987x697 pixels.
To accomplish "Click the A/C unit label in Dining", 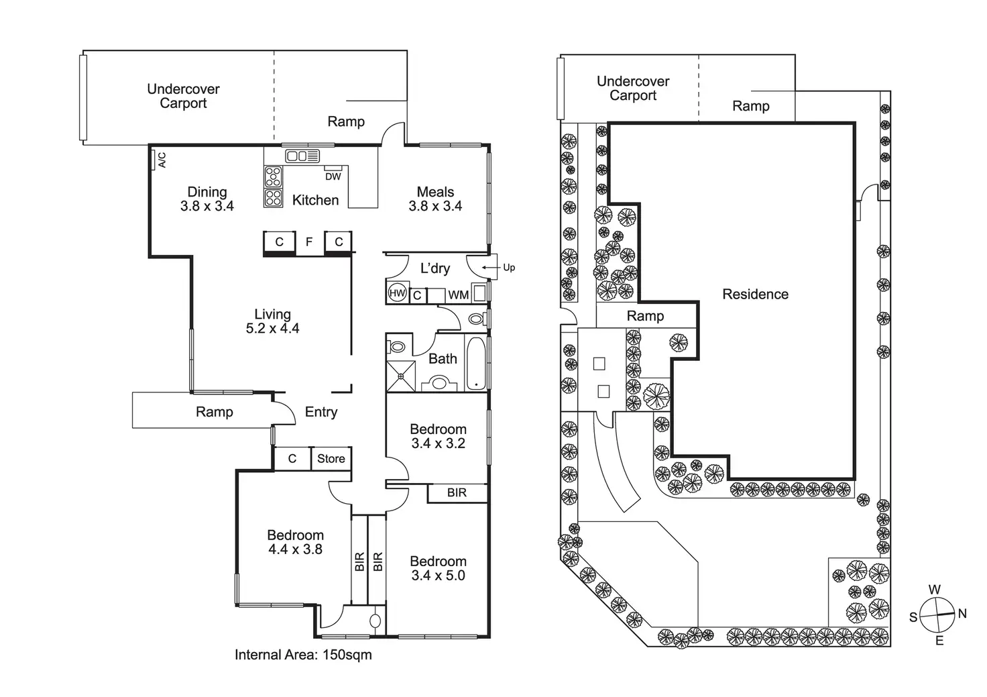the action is (x=162, y=160).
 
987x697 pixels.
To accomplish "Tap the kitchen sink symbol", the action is (x=302, y=156).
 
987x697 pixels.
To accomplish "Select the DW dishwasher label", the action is (x=333, y=176).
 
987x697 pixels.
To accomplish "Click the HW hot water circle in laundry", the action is (x=397, y=292).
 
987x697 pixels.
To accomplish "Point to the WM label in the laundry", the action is (x=458, y=295).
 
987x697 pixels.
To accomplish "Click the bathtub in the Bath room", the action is (x=475, y=364).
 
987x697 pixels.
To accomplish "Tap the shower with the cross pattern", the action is (x=401, y=376).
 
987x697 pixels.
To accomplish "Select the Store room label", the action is (x=331, y=458).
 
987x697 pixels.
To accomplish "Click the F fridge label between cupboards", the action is (x=309, y=242).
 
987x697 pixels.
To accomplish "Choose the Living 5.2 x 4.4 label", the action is (x=272, y=321).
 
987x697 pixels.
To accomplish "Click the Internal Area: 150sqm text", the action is (x=303, y=655).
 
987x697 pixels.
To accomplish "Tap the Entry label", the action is (x=321, y=412).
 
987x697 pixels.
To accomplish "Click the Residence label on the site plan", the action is (x=755, y=294).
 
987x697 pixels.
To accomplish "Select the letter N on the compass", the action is (x=962, y=613).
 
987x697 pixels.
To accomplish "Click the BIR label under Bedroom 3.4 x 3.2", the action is (x=457, y=492).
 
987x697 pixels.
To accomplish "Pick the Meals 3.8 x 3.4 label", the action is (x=435, y=199).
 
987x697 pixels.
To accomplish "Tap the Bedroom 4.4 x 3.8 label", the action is (x=295, y=542).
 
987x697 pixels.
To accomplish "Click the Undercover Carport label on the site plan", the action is (x=633, y=88).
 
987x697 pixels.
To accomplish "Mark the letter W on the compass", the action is (x=935, y=590).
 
